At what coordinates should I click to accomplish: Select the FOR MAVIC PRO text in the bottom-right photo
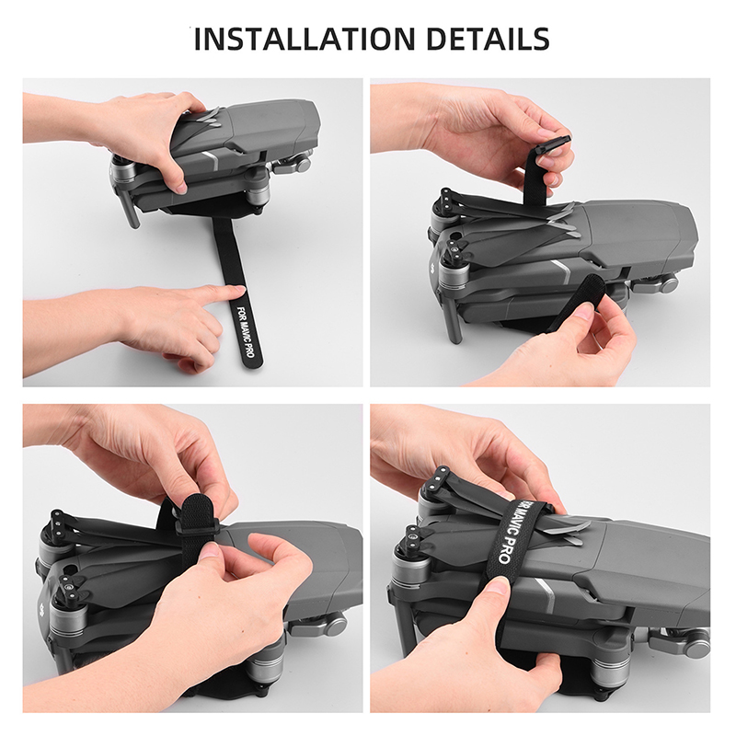click(x=512, y=533)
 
